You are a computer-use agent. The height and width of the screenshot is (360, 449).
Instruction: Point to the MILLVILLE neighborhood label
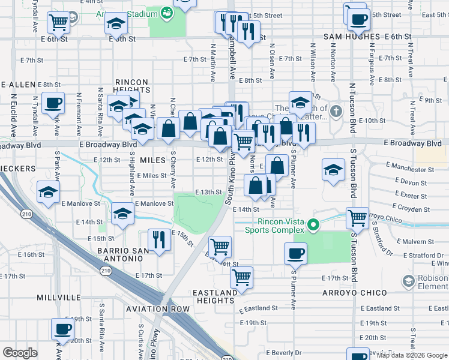point(59,298)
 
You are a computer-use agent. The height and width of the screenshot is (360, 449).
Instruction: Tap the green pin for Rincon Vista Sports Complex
point(313,226)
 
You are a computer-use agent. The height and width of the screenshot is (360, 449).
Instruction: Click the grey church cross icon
point(336,111)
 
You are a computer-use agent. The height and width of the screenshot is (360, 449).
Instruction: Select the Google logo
point(20,353)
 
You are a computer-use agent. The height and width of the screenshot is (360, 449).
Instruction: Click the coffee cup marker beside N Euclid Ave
point(53,102)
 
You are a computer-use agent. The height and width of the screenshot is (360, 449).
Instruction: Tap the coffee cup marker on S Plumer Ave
point(295,253)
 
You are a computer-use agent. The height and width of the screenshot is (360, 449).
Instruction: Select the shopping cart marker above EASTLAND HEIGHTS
point(241,277)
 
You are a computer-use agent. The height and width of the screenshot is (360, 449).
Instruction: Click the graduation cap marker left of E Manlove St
point(48,192)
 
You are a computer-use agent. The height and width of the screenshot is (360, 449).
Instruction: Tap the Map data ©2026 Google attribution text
point(412,355)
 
